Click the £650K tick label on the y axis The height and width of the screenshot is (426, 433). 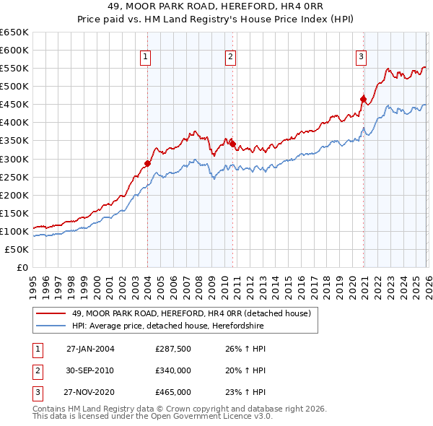tap(14, 32)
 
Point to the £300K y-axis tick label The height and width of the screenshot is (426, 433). tap(14, 159)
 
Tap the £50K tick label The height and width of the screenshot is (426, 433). tap(17, 249)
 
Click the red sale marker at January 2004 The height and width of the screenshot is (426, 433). tap(147, 163)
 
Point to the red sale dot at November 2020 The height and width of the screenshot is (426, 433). tap(363, 99)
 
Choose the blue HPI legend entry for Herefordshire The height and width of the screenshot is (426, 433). tap(174, 325)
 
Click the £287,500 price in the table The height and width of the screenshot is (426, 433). tap(172, 349)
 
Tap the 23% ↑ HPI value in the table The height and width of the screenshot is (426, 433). tap(241, 392)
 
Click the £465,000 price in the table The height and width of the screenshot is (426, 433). tap(172, 392)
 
